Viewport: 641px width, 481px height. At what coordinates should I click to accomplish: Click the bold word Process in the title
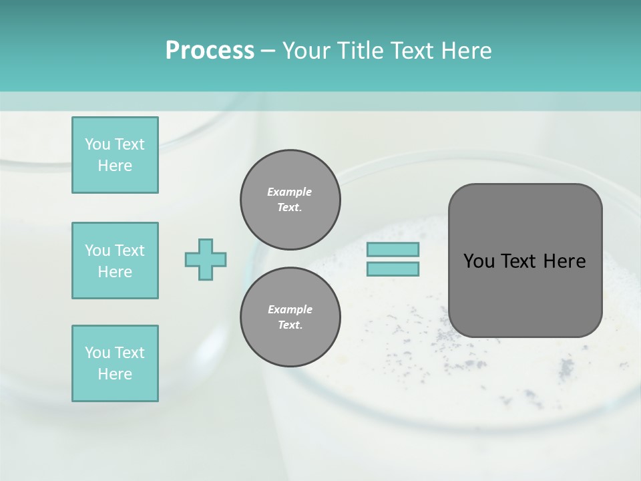coord(210,51)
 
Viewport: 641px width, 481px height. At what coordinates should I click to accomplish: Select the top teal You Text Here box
coord(115,155)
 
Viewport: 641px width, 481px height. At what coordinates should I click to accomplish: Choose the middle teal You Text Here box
coord(115,261)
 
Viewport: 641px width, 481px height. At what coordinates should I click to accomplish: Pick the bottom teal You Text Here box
coord(115,363)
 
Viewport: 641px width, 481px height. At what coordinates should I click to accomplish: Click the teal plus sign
coord(206,259)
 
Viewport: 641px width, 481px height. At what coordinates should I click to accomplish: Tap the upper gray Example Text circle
coord(290,200)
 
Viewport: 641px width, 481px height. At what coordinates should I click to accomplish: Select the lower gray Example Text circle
coord(290,317)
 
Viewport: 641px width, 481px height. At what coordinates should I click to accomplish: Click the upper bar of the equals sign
coord(393,249)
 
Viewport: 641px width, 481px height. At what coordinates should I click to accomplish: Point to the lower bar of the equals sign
coord(393,269)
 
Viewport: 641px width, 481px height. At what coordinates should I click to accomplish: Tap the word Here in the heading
coord(466,51)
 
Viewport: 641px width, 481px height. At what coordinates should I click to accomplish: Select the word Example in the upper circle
coord(290,192)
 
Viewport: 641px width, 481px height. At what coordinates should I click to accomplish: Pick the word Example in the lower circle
coord(290,309)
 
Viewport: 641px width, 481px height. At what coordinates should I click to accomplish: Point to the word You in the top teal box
coord(97,144)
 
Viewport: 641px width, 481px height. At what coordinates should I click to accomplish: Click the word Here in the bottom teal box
coord(115,374)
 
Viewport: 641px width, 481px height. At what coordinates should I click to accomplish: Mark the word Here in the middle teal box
coord(115,272)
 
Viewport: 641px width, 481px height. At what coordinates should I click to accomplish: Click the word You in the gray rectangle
coord(479,261)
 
